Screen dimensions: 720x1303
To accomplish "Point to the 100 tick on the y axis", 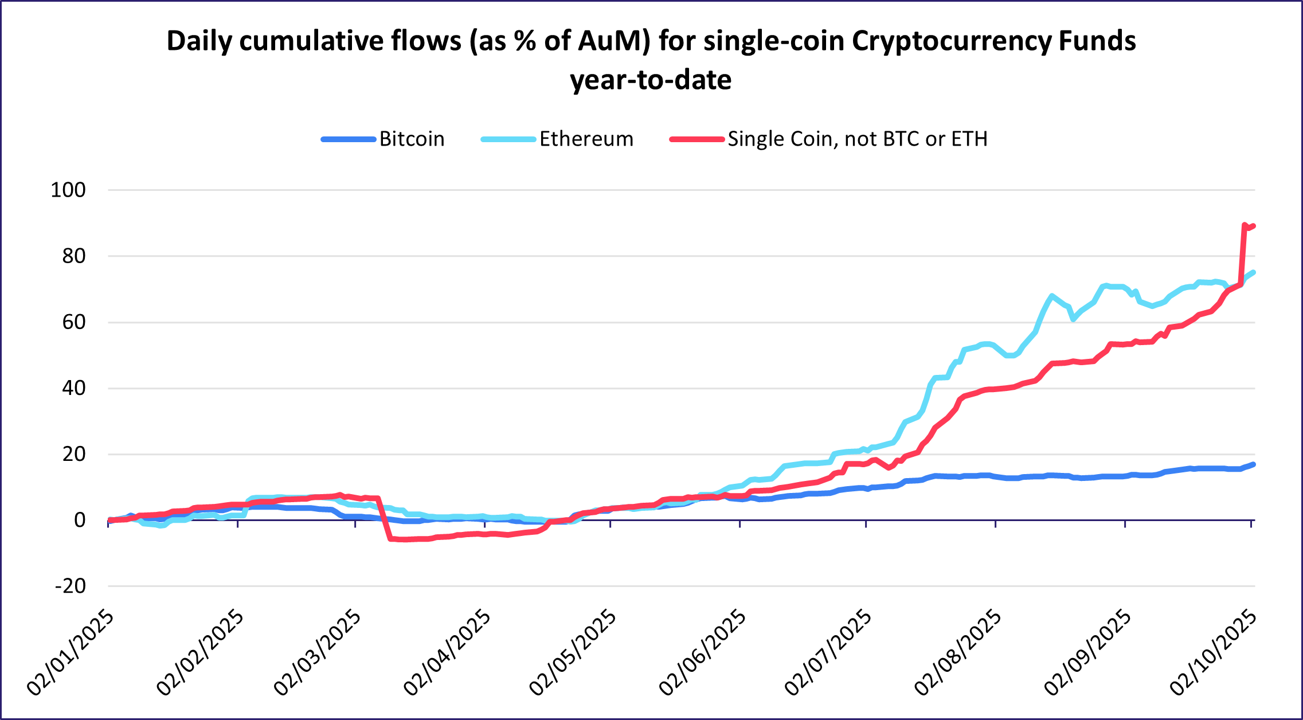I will coord(68,190).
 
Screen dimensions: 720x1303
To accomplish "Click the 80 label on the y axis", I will coord(73,256).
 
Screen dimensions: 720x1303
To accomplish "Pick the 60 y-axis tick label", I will coord(73,322).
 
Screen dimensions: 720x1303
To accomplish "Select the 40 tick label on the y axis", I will coord(73,388).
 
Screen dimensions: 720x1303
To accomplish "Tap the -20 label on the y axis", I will coord(70,586).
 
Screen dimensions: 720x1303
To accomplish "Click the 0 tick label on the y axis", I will coord(80,520).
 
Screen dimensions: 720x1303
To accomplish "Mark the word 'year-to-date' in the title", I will coord(651,80).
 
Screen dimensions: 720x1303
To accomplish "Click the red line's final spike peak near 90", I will coord(1244,225).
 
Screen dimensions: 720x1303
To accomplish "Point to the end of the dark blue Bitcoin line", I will coord(1254,464).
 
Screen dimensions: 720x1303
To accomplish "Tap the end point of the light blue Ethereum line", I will coord(1254,272).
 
